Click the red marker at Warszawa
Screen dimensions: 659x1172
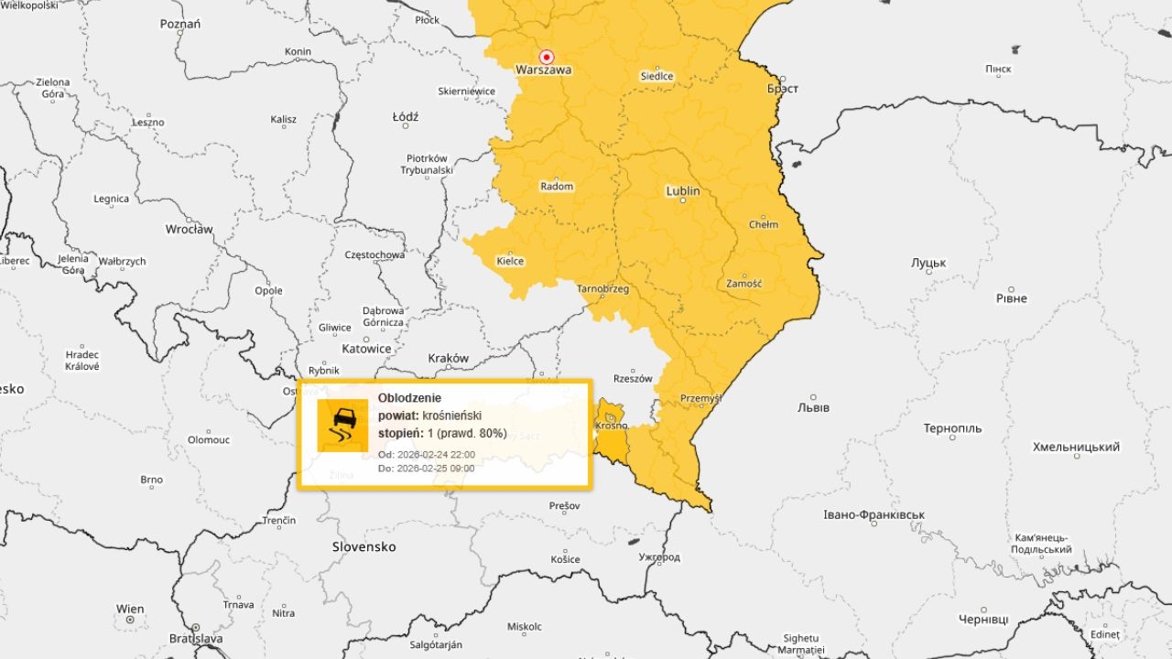[547, 56]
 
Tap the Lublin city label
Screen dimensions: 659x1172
[683, 191]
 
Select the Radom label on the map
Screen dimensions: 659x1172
[557, 187]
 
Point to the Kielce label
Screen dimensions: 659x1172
[510, 261]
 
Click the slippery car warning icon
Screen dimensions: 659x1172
[342, 425]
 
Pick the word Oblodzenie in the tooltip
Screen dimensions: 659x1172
[409, 398]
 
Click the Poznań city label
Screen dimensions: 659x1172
[179, 24]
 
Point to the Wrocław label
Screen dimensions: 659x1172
[189, 229]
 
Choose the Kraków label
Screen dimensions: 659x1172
[449, 358]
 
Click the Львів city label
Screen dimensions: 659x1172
[814, 407]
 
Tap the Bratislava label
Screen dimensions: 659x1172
[196, 638]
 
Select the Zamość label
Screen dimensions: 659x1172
[743, 284]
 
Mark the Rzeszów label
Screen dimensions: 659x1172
[633, 378]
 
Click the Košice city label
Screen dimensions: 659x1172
[565, 559]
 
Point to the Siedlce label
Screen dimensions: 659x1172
[657, 76]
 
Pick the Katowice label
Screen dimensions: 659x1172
[366, 349]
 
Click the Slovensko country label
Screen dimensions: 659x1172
[364, 546]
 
